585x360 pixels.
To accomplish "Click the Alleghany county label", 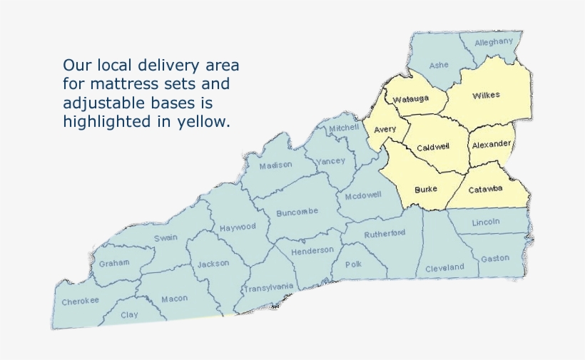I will [x=494, y=41].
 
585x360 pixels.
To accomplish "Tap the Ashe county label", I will [x=439, y=65].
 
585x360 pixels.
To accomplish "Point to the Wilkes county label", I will [x=486, y=95].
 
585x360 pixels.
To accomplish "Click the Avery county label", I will [x=385, y=129].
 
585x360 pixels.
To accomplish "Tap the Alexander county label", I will [x=492, y=144].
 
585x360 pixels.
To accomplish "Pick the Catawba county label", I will [x=486, y=189].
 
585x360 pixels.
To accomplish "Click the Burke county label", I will [x=426, y=190].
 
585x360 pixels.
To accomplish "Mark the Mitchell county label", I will [x=344, y=127].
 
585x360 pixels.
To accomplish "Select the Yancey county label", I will [x=331, y=160].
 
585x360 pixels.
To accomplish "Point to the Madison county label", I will [x=275, y=165].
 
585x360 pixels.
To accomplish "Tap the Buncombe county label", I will [x=297, y=212].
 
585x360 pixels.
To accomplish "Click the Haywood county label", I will [x=238, y=227].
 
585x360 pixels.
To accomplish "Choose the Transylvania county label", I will [x=268, y=288].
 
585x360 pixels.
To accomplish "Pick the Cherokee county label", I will [x=80, y=301].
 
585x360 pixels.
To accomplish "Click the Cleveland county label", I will [x=444, y=268].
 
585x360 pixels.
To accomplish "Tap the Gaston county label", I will [x=495, y=258].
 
